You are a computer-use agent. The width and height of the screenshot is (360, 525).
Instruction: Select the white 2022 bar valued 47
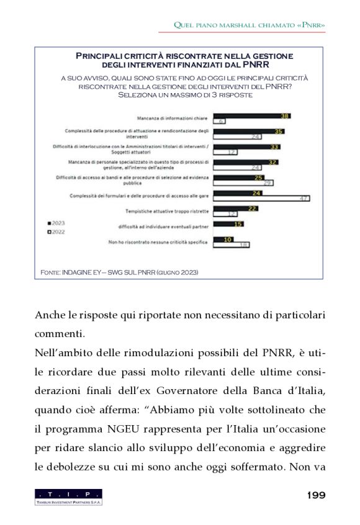tap(261, 199)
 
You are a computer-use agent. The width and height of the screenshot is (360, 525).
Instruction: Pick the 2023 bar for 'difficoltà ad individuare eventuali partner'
tap(228, 224)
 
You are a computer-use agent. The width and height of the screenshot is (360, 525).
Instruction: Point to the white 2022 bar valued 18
tap(231, 245)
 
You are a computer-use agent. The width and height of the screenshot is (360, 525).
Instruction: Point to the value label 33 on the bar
tap(274, 147)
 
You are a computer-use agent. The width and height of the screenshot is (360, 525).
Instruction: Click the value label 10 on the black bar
tap(228, 239)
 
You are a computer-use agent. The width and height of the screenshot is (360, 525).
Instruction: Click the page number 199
tap(316, 495)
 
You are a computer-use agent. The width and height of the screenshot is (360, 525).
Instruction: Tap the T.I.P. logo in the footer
tap(68, 496)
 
